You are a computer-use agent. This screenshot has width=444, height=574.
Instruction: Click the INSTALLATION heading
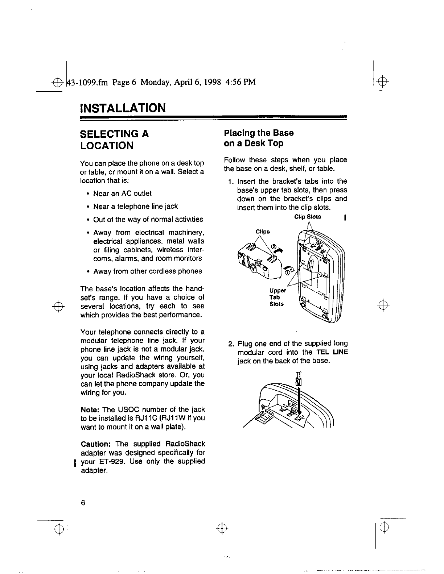point(123,108)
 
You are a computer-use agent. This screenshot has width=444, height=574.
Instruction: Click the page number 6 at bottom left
point(83,503)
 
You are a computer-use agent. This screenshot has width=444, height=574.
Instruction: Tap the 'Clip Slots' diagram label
point(308,217)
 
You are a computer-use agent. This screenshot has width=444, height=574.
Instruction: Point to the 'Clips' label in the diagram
point(263,232)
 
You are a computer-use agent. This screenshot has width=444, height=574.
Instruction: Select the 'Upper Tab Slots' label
point(277,297)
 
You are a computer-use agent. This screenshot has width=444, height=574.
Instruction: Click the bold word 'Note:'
point(90,409)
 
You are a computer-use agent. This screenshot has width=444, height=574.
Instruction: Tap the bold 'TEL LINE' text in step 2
point(332,352)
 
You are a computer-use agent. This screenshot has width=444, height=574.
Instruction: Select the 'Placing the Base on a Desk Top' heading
point(259,138)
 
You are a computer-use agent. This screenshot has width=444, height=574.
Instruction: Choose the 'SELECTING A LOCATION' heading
point(114,140)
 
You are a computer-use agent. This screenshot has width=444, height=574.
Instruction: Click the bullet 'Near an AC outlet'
point(122,194)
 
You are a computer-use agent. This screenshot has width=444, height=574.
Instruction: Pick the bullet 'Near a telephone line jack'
point(135,207)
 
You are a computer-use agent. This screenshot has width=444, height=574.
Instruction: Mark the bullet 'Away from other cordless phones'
point(147,271)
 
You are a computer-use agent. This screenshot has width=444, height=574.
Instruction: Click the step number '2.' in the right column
point(231,344)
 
